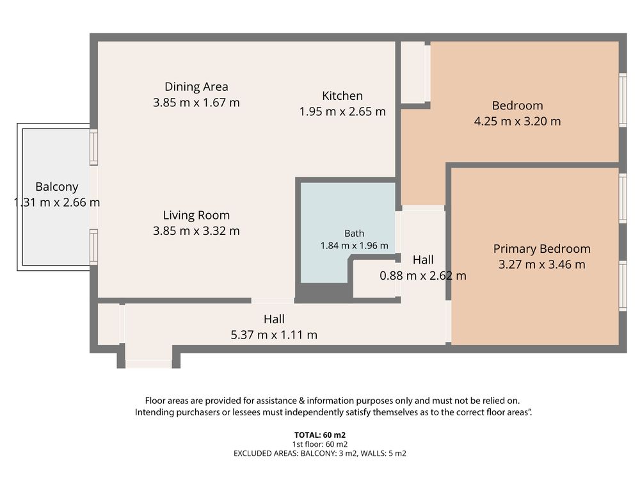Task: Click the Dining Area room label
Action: point(196,86)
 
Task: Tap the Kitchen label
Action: point(342,95)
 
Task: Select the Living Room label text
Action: point(196,215)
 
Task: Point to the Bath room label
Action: point(355,234)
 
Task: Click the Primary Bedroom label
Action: point(541,248)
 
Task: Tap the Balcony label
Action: point(57,186)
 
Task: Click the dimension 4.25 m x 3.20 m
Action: point(517,121)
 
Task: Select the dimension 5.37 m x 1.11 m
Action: point(274,335)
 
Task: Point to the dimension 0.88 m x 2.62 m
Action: point(423,275)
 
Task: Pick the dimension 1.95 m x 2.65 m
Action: point(342,111)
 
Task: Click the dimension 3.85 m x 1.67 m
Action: point(196,102)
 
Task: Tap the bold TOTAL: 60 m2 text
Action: point(319,435)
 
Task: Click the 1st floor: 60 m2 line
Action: point(319,444)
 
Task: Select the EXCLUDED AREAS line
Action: point(319,454)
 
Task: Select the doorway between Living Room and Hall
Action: point(273,301)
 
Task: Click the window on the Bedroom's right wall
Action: point(623,100)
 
